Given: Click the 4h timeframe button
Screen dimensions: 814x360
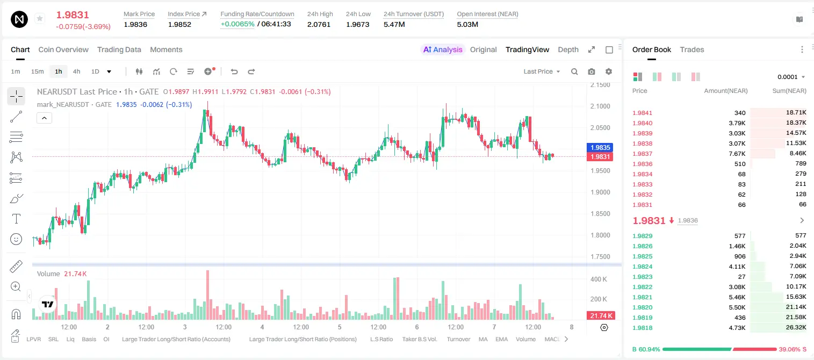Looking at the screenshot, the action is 76,71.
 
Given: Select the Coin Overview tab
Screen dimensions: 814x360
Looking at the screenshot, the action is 63,49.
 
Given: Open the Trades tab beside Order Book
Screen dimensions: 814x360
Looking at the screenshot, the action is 692,49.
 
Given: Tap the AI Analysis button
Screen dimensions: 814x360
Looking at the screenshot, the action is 443,49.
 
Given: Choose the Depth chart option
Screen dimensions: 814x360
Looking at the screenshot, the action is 568,49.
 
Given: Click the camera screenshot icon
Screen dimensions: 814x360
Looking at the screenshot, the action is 592,71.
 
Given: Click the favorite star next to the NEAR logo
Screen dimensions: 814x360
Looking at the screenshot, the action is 40,18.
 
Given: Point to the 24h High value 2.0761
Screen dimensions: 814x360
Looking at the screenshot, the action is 319,24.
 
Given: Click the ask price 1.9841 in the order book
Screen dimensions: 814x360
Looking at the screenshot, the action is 642,113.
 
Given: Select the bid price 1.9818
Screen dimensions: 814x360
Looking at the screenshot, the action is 642,328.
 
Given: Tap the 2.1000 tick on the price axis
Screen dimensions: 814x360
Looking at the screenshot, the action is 600,106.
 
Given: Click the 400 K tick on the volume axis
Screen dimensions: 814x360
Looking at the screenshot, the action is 599,279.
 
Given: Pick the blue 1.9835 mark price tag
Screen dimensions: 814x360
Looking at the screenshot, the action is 600,147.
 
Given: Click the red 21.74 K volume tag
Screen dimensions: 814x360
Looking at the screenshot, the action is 601,316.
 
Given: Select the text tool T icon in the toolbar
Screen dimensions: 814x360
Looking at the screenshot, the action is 16,219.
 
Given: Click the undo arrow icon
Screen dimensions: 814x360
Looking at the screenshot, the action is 234,71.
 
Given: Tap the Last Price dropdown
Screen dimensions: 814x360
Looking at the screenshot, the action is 542,71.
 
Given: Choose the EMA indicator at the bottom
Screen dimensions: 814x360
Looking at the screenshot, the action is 501,339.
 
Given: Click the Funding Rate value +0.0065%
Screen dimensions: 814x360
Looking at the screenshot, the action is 237,24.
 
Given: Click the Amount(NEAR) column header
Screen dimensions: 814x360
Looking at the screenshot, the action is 726,91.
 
